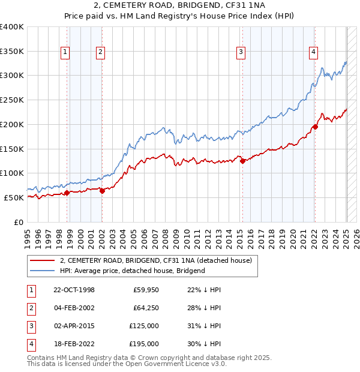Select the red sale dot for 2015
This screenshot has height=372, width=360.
[242, 161]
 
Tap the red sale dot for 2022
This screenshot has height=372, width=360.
[315, 127]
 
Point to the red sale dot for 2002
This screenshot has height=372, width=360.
[102, 191]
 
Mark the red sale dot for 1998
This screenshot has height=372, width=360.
[67, 193]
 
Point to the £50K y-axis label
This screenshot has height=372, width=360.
[14, 197]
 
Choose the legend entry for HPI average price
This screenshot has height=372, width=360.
[133, 271]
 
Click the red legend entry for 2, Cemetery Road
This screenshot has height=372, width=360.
[159, 260]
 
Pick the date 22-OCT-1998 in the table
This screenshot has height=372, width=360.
[74, 290]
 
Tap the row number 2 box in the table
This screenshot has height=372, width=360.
[30, 308]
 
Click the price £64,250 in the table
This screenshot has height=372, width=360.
[146, 308]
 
